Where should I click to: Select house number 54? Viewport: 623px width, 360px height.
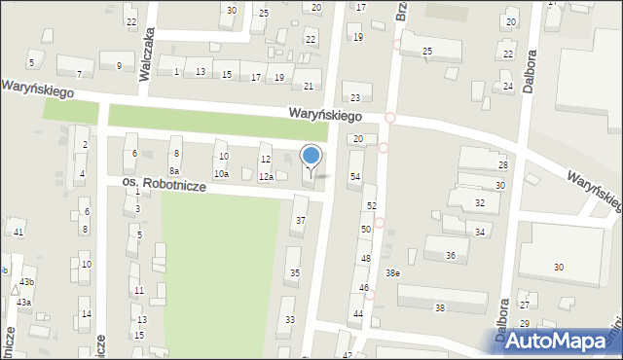(355, 176)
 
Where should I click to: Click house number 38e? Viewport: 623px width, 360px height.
(392, 272)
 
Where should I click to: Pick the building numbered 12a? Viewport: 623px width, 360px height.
(265, 177)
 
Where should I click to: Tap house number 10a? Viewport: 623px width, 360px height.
(221, 173)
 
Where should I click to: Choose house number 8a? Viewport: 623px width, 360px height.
(173, 170)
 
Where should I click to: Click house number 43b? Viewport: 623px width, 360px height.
(26, 282)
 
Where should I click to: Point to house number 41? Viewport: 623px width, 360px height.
(18, 232)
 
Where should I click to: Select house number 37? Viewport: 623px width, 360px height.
(301, 221)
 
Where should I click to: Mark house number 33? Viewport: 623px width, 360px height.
(289, 319)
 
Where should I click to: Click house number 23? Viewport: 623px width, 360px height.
(355, 97)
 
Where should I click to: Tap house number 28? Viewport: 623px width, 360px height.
(502, 165)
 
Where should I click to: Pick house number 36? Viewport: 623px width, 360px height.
(450, 255)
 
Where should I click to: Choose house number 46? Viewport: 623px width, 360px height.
(363, 288)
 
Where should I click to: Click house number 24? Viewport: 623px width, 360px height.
(507, 87)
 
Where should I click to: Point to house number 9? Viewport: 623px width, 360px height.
(119, 66)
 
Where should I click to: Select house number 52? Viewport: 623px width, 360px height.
(371, 206)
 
